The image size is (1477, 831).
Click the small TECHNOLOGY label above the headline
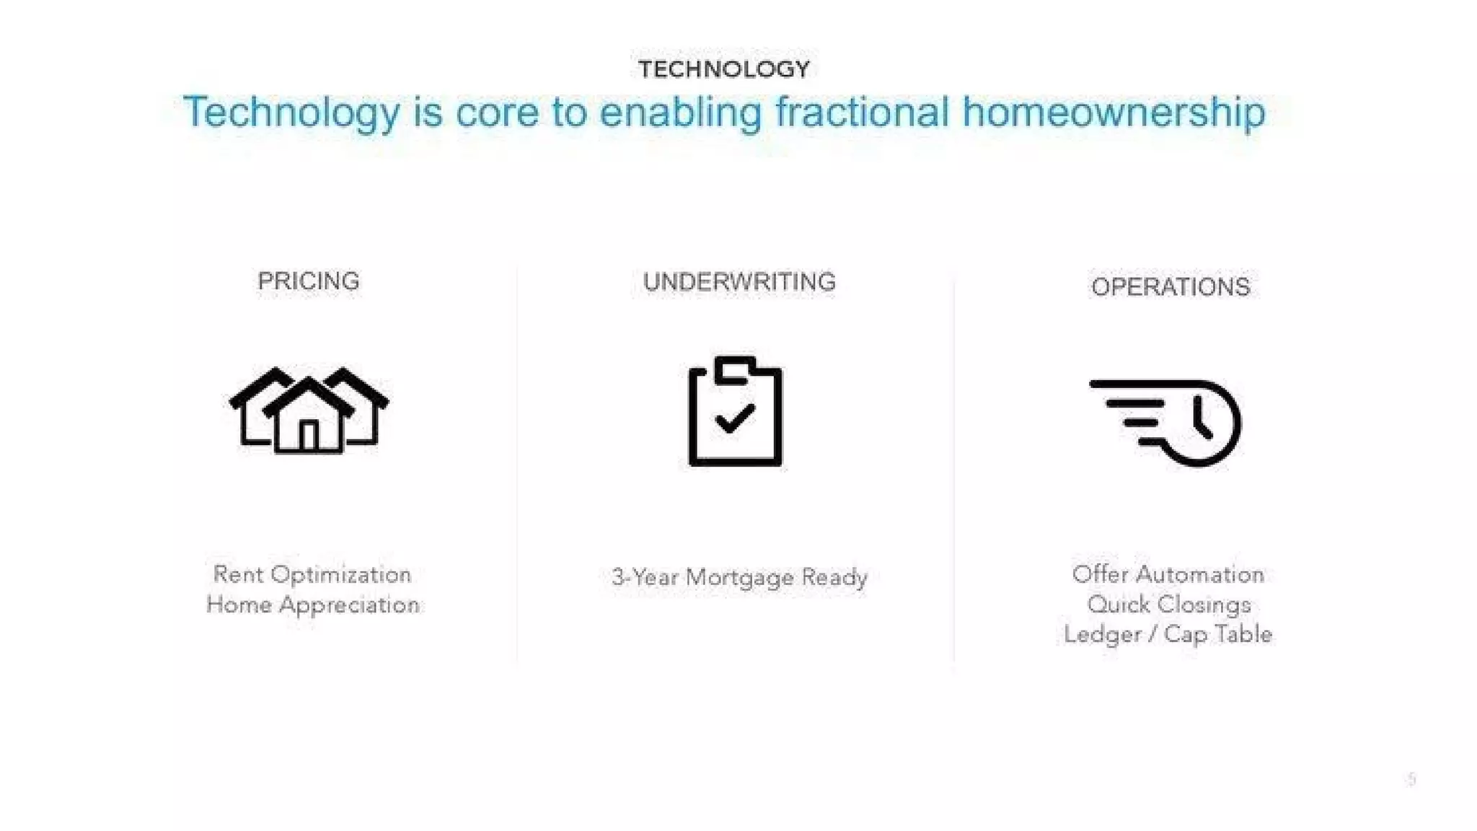(x=723, y=69)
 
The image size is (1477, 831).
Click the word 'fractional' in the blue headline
(x=862, y=113)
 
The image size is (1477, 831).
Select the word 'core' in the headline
(x=497, y=113)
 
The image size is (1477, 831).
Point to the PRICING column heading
(x=309, y=281)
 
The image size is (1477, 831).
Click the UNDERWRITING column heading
(x=739, y=282)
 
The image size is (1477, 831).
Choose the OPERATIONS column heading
(x=1170, y=287)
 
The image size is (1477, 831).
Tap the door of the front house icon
(x=309, y=435)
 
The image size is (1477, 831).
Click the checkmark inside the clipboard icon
(x=735, y=418)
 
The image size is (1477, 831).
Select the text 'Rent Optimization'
(x=312, y=575)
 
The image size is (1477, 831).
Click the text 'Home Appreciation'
(x=312, y=604)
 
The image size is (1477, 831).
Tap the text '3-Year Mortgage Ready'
(x=739, y=577)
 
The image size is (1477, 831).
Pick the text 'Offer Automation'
(x=1168, y=574)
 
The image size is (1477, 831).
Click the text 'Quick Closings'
(x=1168, y=604)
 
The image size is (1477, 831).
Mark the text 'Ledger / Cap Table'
(x=1168, y=634)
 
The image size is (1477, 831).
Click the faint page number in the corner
(x=1411, y=779)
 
